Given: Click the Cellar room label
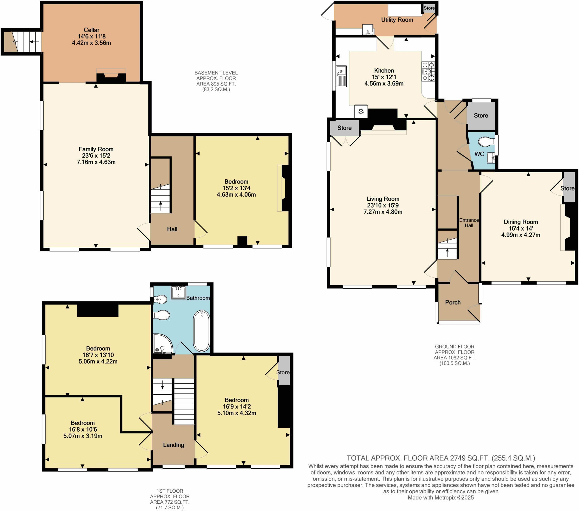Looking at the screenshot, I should point(91,30).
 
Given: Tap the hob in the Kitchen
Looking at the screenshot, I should point(428,71).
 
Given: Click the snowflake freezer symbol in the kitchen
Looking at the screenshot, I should point(361,112).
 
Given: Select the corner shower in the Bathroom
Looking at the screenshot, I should point(162,344).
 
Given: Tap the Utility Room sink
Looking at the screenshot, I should point(368,29).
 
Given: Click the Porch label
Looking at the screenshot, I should point(453,302).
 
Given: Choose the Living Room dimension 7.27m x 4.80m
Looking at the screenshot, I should point(383,212).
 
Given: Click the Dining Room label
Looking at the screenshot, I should point(521,222).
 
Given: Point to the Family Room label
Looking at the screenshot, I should point(96,149).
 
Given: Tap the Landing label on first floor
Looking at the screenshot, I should point(173,445).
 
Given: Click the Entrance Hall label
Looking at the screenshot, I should point(469,223).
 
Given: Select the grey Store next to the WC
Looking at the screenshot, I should point(481,116).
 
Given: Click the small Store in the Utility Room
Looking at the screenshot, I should point(429,8).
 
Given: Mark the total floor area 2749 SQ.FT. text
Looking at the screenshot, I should point(441,458).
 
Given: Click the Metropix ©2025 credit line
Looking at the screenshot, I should point(441,497).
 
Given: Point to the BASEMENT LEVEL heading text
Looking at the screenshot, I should point(216,73).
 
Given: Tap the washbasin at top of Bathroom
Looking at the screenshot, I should point(178,292).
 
